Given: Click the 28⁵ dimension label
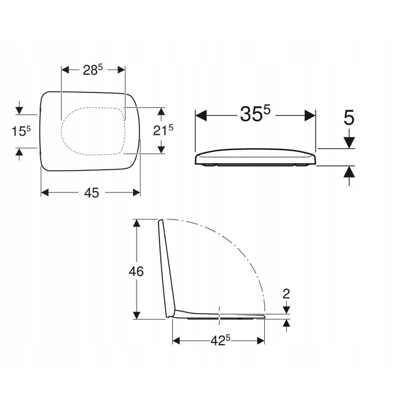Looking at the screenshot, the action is point(93,70).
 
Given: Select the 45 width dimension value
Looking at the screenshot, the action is point(92,193).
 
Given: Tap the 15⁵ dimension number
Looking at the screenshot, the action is point(21,131).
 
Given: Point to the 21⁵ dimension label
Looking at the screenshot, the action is point(163,130).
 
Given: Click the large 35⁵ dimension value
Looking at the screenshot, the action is point(255,114).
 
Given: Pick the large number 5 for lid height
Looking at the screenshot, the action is point(349,118).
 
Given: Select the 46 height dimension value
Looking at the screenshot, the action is point(136,271).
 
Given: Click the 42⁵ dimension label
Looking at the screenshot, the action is point(220,341).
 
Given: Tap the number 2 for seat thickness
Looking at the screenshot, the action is point(286,294).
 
